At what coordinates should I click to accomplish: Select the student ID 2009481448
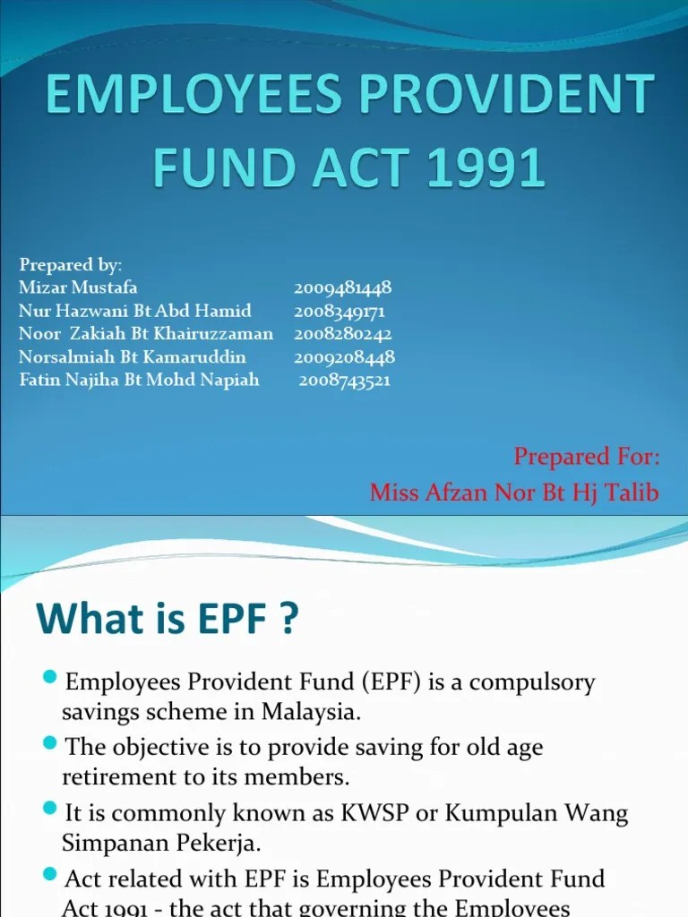[342, 288]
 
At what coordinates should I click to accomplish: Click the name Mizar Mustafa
[78, 288]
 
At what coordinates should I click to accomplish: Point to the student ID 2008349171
[340, 311]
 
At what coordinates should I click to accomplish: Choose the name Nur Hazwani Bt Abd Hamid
[134, 311]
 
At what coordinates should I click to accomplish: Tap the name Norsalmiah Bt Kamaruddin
[133, 357]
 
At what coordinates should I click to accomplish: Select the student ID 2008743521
[345, 380]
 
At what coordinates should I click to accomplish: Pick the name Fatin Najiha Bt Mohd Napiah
[139, 380]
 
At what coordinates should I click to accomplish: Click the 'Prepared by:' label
[71, 265]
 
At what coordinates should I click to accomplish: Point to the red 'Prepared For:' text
[587, 457]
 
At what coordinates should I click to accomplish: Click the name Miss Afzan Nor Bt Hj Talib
[514, 492]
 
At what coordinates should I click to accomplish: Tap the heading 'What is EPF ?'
[167, 619]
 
